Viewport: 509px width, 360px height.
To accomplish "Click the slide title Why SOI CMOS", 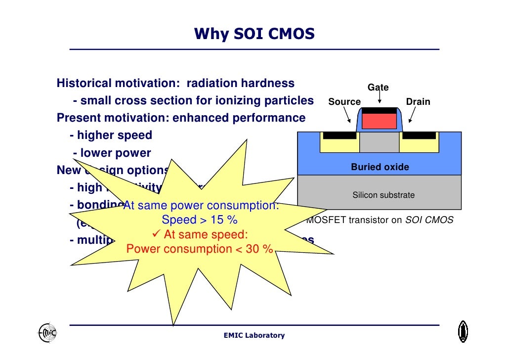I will point(254,34).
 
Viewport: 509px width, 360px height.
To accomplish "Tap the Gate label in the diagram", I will point(378,88).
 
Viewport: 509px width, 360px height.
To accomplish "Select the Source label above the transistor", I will point(344,102).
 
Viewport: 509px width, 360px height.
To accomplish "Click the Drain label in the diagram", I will point(418,102).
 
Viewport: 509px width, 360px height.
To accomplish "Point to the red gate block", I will point(379,121).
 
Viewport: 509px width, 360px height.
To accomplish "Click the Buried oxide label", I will point(380,167).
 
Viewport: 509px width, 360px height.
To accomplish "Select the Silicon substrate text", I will point(383,195).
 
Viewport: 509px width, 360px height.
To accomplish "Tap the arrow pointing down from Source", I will point(347,116).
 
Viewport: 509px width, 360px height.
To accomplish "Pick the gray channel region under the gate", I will point(379,142).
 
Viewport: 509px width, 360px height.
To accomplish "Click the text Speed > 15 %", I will point(200,220).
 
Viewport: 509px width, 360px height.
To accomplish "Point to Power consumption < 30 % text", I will point(200,249).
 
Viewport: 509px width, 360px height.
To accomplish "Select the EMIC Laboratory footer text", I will point(254,336).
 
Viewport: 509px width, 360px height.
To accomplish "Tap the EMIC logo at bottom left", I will point(47,333).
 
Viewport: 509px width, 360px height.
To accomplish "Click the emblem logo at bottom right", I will point(463,331).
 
